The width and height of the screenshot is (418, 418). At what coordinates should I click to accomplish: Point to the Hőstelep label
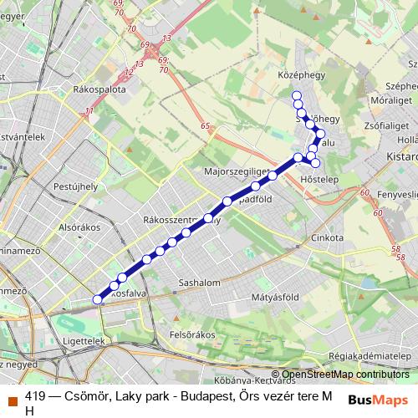319,180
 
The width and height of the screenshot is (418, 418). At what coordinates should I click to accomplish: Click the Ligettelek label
84,342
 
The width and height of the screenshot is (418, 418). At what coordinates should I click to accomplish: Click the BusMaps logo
377,399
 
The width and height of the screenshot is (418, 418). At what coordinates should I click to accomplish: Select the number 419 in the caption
36,397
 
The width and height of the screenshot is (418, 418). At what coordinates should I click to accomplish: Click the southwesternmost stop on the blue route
97,298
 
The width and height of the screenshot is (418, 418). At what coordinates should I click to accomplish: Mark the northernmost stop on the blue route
296,94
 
